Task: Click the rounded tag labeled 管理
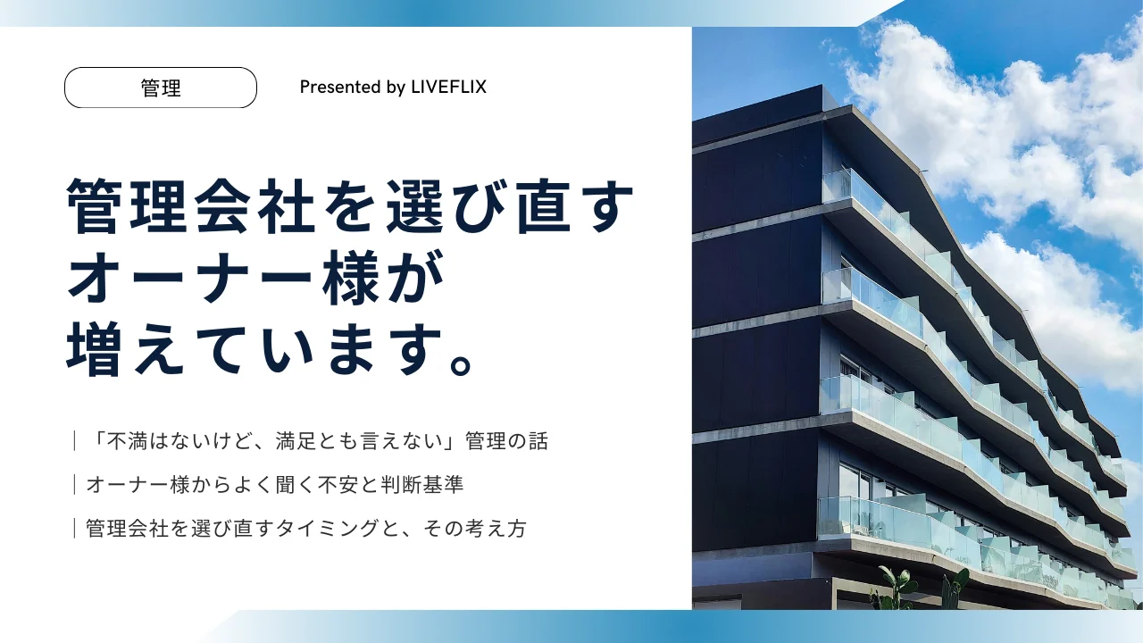[x=161, y=88]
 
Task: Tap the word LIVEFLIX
[x=448, y=88]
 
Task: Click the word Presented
[x=336, y=88]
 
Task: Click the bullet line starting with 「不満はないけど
[x=317, y=441]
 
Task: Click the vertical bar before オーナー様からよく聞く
[x=75, y=485]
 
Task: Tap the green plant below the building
[x=897, y=585]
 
